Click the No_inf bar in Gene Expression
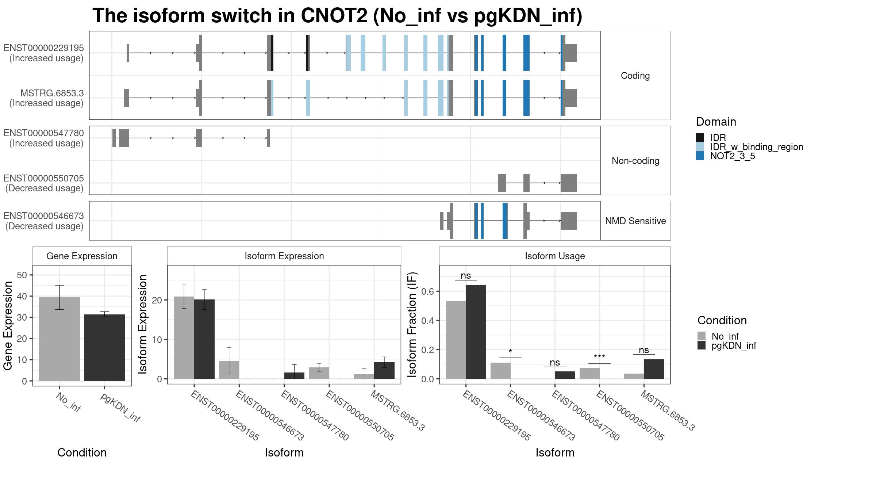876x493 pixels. point(59,339)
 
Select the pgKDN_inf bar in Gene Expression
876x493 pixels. point(104,348)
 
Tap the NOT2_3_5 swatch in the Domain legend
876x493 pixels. point(700,156)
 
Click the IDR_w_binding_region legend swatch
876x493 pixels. point(700,147)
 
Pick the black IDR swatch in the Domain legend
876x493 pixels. point(700,138)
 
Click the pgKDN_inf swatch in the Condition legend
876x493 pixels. point(702,345)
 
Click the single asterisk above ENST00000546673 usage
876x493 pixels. point(510,351)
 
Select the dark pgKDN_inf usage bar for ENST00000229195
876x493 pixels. point(476,332)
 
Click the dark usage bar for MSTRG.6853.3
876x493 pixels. point(654,369)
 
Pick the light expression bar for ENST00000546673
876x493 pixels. point(229,370)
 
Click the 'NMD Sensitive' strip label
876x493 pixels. point(635,221)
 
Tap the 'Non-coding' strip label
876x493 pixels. point(635,161)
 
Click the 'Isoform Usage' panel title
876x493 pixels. point(555,256)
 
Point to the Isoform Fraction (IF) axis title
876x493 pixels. point(412,324)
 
